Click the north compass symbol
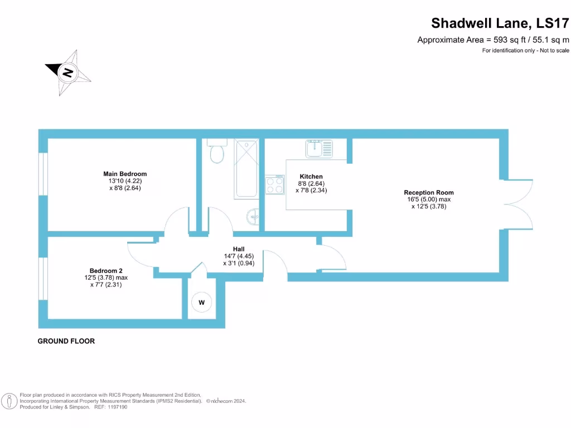coord(68,72)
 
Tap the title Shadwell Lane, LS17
coord(500,23)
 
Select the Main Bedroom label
coord(125,174)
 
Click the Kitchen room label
coord(311,177)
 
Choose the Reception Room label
coord(429,193)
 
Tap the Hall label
coord(239,249)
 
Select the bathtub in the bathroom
coord(246,169)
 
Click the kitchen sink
coord(318,149)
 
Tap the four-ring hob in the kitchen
coord(274,184)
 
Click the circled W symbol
coord(201,302)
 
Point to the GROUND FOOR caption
coord(66,341)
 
